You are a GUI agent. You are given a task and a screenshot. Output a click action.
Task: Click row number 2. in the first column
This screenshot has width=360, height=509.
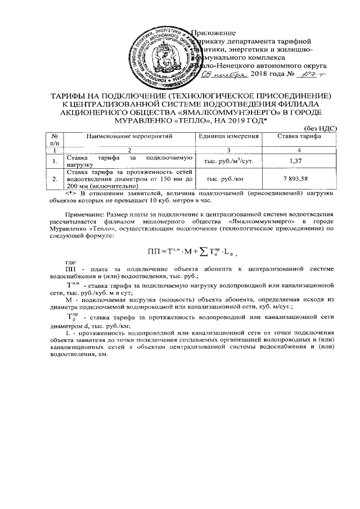pos(55,179)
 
